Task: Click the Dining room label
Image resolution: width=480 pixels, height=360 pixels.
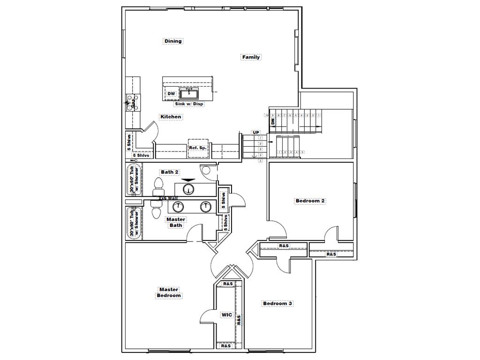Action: pos(173,41)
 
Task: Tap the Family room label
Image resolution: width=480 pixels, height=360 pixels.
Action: pos(251,57)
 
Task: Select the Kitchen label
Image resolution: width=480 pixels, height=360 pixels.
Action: pos(171,117)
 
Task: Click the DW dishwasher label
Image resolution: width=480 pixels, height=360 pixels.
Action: pos(171,94)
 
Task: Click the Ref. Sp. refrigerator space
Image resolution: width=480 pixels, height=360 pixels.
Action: pos(198,148)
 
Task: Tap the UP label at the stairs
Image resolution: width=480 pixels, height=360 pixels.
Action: pos(256,133)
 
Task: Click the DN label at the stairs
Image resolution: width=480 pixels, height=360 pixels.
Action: pos(272,121)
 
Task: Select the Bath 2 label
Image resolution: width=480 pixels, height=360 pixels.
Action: pos(169,172)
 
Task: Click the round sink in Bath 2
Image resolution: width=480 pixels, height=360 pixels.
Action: pos(188,189)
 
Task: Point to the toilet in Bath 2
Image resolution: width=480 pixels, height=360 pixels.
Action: pos(157,191)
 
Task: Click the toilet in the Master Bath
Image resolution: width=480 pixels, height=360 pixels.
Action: pos(156,212)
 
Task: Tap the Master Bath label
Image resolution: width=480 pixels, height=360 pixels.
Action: pos(176,222)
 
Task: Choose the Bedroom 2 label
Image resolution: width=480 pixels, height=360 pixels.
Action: pos(310,201)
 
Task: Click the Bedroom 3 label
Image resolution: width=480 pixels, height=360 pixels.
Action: pos(277,304)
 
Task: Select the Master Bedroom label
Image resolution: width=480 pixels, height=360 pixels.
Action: pos(169,292)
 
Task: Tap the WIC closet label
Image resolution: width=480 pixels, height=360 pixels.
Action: pos(227,315)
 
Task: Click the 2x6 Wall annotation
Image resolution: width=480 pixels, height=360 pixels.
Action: pos(168,198)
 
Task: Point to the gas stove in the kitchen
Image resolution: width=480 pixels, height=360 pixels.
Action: pos(130,103)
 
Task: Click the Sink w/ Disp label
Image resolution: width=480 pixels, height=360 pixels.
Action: pos(189,104)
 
